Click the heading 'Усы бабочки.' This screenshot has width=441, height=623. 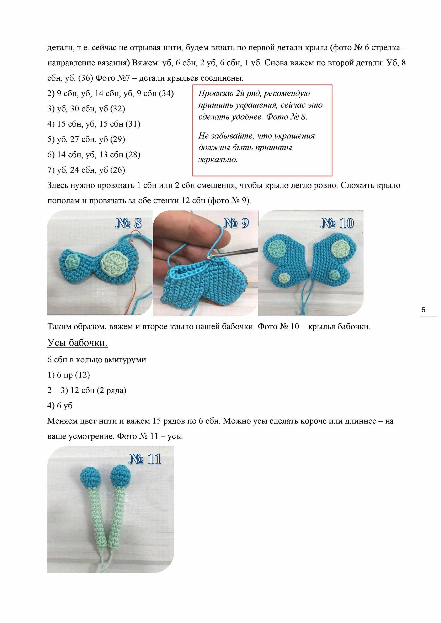point(77,343)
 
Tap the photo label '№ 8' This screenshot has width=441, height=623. point(128,223)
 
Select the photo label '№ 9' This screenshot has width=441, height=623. point(236,223)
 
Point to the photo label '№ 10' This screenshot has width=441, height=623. point(337,223)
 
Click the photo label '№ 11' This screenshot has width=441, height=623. point(145,459)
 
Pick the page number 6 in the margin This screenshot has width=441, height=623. point(423,310)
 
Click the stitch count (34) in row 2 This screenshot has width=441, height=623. point(166,93)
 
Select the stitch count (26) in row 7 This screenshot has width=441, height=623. point(118,170)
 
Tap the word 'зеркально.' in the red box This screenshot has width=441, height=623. point(218,159)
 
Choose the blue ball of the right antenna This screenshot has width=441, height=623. point(121,475)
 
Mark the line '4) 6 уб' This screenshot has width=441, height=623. point(60,406)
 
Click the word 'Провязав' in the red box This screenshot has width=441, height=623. point(216,93)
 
